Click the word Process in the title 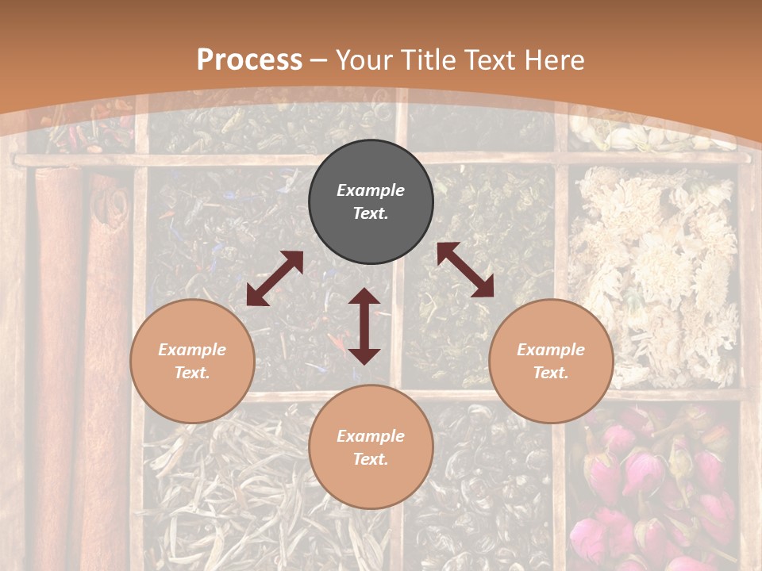(x=249, y=60)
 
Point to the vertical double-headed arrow (x=364, y=326)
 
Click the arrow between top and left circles (x=275, y=278)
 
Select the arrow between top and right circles (x=465, y=270)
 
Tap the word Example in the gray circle (x=371, y=190)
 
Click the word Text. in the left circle (x=192, y=373)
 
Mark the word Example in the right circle (x=551, y=350)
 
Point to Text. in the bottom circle (x=371, y=459)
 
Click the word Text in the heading (x=496, y=60)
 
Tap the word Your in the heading (x=362, y=60)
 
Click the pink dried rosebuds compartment (x=659, y=484)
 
